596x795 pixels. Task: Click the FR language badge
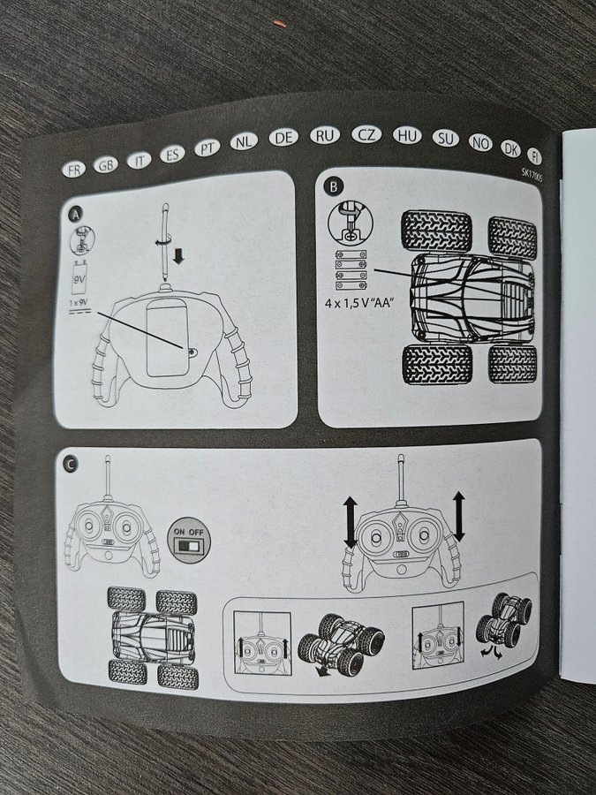pyautogui.click(x=74, y=169)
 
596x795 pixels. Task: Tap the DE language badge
pyautogui.click(x=283, y=138)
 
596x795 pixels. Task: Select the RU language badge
pyautogui.click(x=325, y=135)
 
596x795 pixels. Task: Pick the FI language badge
pyautogui.click(x=535, y=155)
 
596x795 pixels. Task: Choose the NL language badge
pyautogui.click(x=244, y=141)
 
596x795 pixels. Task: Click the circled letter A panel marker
pyautogui.click(x=76, y=216)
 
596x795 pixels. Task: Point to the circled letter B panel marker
pyautogui.click(x=333, y=187)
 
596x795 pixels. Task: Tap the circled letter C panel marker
pyautogui.click(x=70, y=464)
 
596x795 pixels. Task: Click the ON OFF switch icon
pyautogui.click(x=189, y=540)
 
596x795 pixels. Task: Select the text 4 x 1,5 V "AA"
pyautogui.click(x=358, y=304)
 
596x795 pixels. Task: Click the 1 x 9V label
pyautogui.click(x=79, y=303)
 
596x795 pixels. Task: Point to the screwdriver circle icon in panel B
pyautogui.click(x=351, y=224)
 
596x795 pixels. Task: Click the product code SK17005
pyautogui.click(x=532, y=178)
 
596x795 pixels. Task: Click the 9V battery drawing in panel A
pyautogui.click(x=80, y=276)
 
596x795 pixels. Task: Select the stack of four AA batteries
pyautogui.click(x=351, y=270)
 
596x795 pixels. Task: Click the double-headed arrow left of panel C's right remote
pyautogui.click(x=351, y=522)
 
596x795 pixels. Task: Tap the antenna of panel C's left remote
pyautogui.click(x=108, y=477)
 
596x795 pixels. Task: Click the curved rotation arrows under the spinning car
pyautogui.click(x=491, y=653)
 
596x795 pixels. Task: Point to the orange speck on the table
pyautogui.click(x=279, y=23)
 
